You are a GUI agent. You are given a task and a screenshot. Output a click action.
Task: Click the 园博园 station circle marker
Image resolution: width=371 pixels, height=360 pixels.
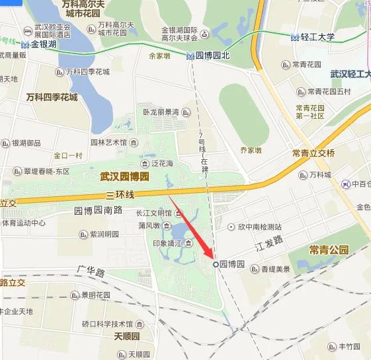tap(216, 264)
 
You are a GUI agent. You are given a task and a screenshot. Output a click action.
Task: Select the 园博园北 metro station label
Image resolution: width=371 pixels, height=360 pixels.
tap(212, 56)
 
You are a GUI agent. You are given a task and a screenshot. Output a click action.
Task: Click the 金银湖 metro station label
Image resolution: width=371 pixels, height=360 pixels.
tap(42, 44)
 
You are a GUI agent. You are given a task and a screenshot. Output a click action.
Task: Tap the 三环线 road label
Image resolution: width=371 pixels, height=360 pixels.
tap(120, 195)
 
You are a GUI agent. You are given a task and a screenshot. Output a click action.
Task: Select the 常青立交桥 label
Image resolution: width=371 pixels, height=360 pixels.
tap(313, 153)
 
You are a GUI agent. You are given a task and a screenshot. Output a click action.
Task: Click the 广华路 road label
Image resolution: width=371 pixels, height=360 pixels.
tap(91, 272)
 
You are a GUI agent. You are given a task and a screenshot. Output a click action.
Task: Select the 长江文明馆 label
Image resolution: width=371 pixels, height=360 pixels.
tap(153, 213)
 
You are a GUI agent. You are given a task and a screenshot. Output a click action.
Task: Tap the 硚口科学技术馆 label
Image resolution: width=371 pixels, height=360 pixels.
tap(107, 324)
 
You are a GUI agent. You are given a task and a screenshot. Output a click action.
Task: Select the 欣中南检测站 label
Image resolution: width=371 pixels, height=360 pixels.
tap(259, 227)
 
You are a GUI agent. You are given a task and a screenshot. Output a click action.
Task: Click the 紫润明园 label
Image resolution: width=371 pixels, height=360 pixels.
tap(104, 234)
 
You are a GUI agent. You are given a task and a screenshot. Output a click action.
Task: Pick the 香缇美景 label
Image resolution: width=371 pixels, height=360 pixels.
tap(275, 269)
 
